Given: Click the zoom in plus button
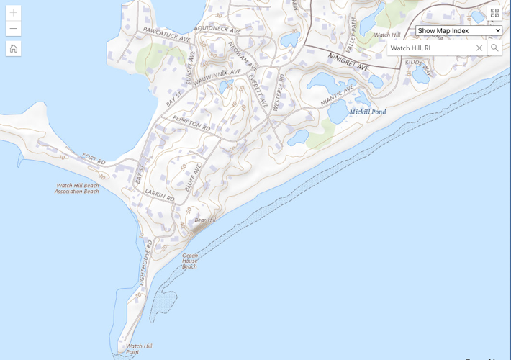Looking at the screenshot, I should (x=13, y=13).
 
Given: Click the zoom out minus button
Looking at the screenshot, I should (x=13, y=29).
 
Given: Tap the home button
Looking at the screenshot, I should (x=13, y=48).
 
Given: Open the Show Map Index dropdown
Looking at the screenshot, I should (x=458, y=30).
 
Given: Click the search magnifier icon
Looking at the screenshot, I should (x=494, y=48).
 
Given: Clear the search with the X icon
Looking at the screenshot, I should (x=479, y=48).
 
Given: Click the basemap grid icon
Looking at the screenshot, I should (x=494, y=13).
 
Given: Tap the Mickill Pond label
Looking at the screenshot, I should (x=368, y=112).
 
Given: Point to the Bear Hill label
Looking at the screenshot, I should (x=205, y=220).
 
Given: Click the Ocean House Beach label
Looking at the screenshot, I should (x=189, y=261).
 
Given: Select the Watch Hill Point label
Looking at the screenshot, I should (x=139, y=348).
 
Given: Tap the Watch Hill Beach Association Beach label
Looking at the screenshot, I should (x=77, y=189).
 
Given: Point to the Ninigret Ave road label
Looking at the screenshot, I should (x=348, y=61).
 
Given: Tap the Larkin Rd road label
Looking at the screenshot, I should (x=160, y=194).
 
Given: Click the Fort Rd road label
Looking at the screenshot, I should (x=94, y=158).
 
